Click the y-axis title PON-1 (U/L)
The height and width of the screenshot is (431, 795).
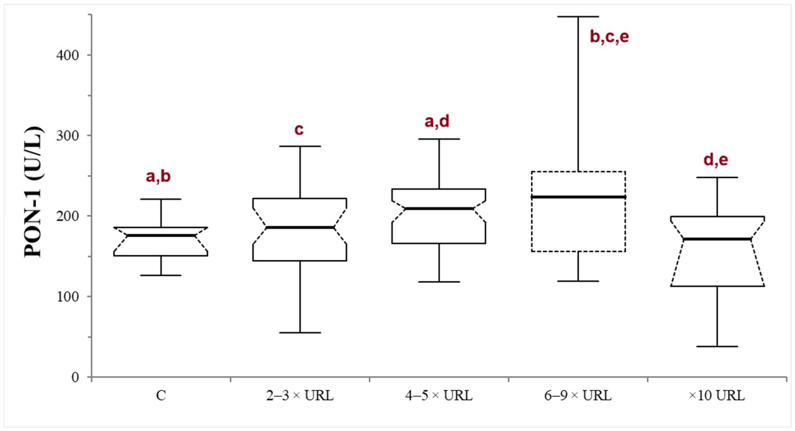pos(33,191)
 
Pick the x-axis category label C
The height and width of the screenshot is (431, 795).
pos(161,395)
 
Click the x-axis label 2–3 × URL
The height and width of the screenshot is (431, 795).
pos(300,395)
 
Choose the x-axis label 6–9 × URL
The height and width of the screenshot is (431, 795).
pos(578,395)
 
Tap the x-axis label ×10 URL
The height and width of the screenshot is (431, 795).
pos(717,395)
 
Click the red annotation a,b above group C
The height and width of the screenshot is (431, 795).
pos(158,176)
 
